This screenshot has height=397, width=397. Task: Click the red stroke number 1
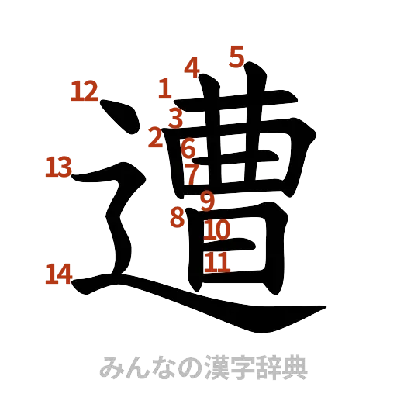click(164, 88)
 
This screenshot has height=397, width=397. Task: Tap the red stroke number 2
click(156, 138)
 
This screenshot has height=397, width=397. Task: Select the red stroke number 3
click(177, 119)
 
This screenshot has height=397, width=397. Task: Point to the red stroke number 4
click(192, 67)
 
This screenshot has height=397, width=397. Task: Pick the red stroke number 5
click(236, 56)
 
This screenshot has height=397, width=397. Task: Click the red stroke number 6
click(188, 147)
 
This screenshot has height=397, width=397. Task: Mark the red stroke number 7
click(192, 174)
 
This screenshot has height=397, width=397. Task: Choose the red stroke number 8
click(178, 217)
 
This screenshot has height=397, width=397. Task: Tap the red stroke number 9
click(206, 201)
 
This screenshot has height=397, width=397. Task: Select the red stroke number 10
click(218, 230)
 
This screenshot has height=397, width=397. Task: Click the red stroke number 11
click(218, 263)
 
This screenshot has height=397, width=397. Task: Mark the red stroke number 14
click(59, 273)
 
